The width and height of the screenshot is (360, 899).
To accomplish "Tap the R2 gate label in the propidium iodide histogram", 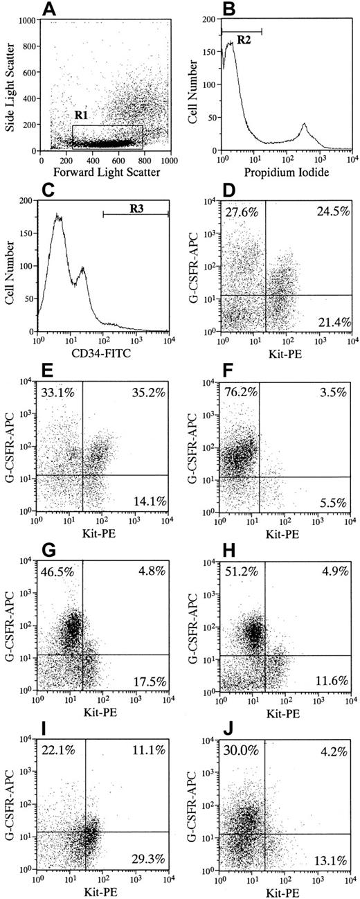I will click(244, 40).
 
